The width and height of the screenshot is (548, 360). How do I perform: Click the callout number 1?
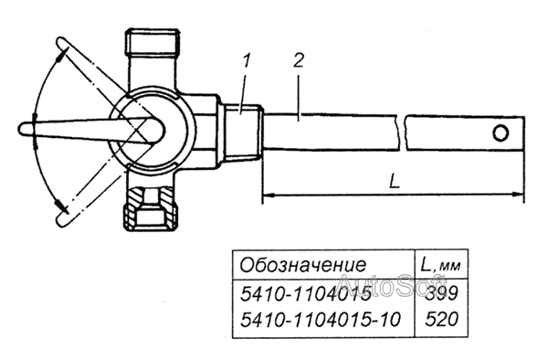click(248, 62)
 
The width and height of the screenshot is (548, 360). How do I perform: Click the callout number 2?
click(298, 61)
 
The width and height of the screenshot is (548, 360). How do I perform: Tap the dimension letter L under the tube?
click(395, 182)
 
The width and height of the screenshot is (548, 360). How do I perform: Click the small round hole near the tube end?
click(501, 133)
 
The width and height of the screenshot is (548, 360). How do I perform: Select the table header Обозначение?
click(303, 265)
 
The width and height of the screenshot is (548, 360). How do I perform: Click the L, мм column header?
click(440, 265)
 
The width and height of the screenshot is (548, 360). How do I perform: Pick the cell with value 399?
click(441, 293)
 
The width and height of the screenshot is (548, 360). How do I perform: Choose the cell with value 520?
click(441, 319)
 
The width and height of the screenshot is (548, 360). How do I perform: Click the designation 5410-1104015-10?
click(320, 320)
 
